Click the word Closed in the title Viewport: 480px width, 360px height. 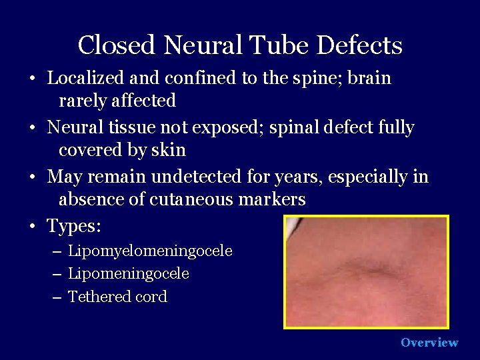(117, 46)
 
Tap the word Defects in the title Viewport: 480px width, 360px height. (359, 46)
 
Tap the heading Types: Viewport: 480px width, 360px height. (74, 227)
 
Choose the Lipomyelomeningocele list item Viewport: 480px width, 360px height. (150, 251)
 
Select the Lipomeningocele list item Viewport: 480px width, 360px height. (129, 274)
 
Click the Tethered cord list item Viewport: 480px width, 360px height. (117, 297)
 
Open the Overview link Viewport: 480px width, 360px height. (429, 343)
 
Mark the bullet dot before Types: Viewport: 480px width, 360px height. (32, 227)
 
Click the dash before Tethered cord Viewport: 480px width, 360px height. (56, 297)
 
